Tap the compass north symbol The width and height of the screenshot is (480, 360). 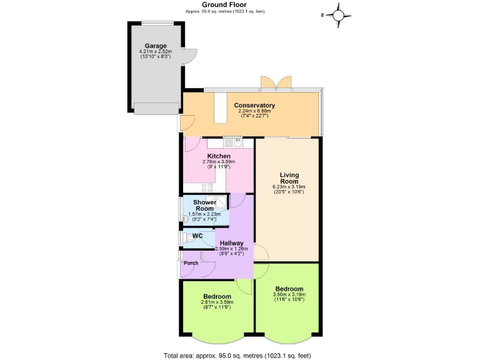[338, 14]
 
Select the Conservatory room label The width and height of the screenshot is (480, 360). [254, 105]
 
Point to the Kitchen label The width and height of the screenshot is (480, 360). [219, 156]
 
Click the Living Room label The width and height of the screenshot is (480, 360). [289, 178]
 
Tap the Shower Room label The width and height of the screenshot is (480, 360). [204, 206]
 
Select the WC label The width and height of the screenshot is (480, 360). [197, 236]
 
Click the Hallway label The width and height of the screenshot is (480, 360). [232, 242]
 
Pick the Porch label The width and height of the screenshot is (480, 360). [191, 263]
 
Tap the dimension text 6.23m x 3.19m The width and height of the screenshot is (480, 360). [289, 187]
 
